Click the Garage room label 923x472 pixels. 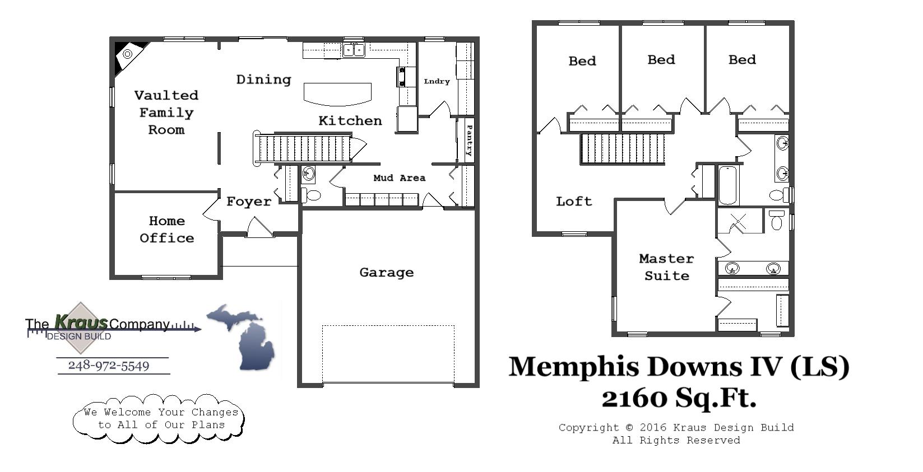click(x=386, y=273)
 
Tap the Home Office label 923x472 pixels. click(x=166, y=230)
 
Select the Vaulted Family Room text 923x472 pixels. click(x=166, y=113)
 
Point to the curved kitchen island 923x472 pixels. click(x=337, y=94)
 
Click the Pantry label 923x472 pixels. click(x=469, y=140)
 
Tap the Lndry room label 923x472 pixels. click(x=437, y=81)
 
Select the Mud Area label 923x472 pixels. click(x=399, y=178)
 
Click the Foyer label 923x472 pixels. click(x=248, y=202)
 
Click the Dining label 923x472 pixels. click(x=263, y=80)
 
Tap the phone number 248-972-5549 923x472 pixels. click(x=109, y=366)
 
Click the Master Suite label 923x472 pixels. click(x=666, y=267)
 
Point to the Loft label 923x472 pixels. click(x=573, y=201)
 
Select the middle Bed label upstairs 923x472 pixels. click(x=661, y=60)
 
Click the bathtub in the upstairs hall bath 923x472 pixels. click(x=727, y=185)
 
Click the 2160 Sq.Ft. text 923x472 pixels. click(x=679, y=398)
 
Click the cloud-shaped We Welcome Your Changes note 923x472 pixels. click(x=159, y=419)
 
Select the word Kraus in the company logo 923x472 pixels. click(x=81, y=322)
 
